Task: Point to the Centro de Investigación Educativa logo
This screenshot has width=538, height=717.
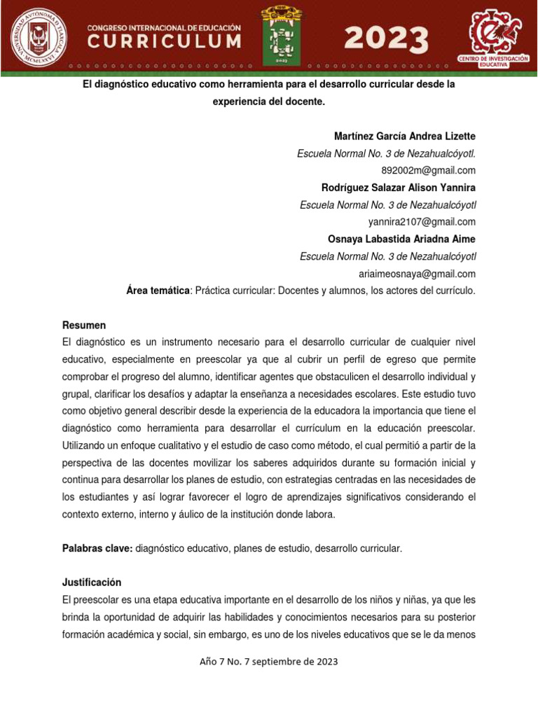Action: [493, 36]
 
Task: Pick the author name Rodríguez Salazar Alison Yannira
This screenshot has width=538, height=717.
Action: [399, 188]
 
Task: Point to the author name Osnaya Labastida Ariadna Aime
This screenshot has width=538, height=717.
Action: [402, 239]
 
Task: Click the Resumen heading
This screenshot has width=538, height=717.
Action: [84, 325]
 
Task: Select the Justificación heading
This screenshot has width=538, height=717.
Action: [92, 583]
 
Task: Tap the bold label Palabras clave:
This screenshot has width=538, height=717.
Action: [97, 548]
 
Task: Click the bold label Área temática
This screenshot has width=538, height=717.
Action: [158, 291]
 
